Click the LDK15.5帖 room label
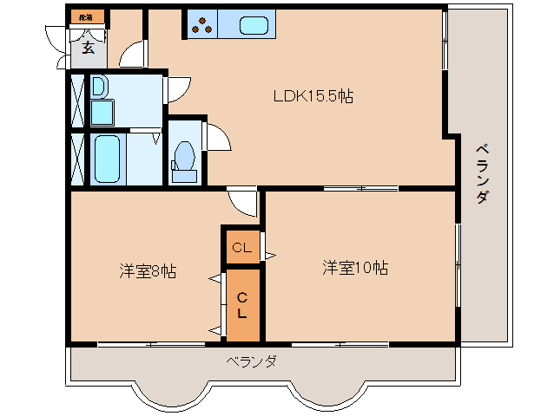[314, 96]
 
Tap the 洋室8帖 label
[148, 271]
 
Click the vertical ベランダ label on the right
[481, 173]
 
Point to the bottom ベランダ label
[252, 361]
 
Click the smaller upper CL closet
[241, 248]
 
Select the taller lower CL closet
[242, 305]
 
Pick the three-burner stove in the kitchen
[202, 26]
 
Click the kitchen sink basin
[254, 26]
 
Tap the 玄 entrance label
[89, 48]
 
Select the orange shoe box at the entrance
[85, 16]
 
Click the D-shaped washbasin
[98, 86]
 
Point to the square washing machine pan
[103, 112]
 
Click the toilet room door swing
[216, 137]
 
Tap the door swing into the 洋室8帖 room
[244, 202]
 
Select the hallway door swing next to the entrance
[133, 55]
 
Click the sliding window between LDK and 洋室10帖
[360, 188]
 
